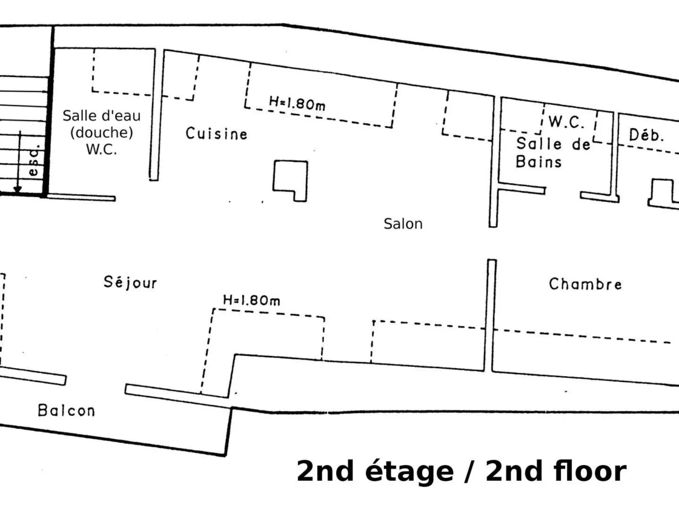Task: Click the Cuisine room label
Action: click(x=216, y=134)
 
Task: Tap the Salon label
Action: click(x=403, y=223)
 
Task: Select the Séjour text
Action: click(x=130, y=282)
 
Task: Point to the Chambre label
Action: click(x=585, y=284)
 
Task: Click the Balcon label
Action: click(x=66, y=411)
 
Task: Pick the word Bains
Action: click(x=539, y=162)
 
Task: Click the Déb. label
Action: click(x=646, y=135)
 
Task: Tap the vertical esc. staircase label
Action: click(x=33, y=160)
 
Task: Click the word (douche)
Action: click(x=102, y=132)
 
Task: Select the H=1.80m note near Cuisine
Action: click(x=297, y=103)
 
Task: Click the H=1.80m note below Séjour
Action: click(x=252, y=300)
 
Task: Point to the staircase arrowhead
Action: click(x=18, y=189)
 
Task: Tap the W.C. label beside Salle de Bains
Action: click(x=567, y=122)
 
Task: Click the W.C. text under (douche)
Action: click(x=101, y=149)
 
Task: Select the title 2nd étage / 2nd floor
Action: click(x=461, y=471)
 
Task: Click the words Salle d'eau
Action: click(x=102, y=116)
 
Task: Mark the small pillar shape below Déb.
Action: click(x=662, y=193)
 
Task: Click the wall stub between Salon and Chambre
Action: click(x=492, y=315)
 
